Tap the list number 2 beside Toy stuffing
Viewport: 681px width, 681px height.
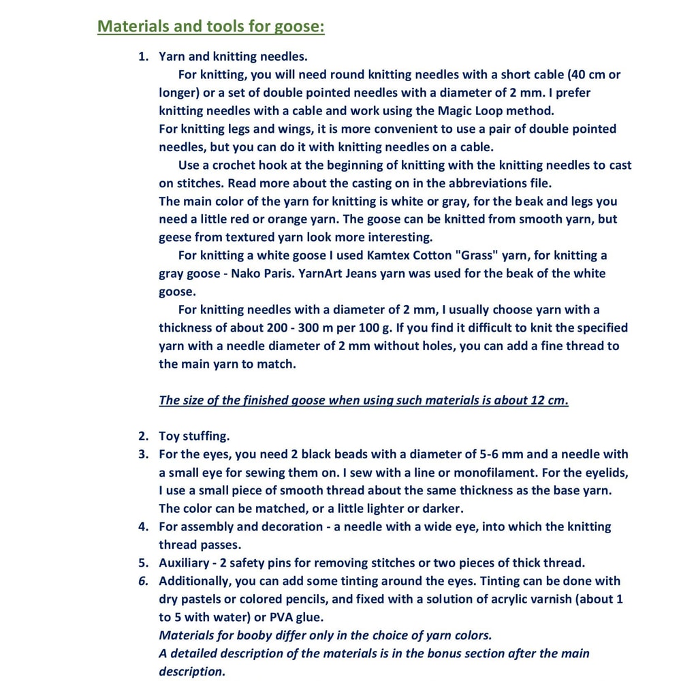pos(143,436)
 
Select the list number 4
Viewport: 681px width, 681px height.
pos(143,526)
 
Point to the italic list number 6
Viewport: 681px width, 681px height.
pos(143,581)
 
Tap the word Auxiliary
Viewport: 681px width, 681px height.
pos(187,563)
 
